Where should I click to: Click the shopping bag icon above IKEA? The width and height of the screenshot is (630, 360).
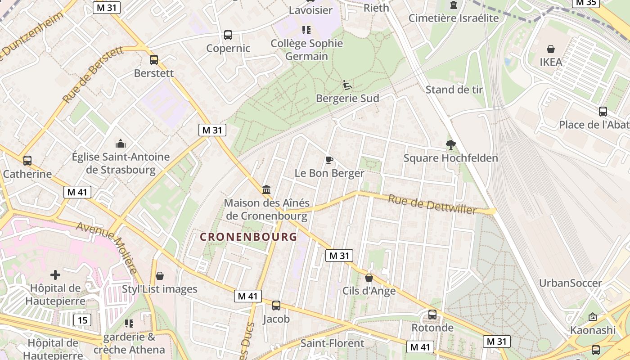coord(550,49)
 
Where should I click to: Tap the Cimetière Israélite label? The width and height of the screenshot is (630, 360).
coord(454,18)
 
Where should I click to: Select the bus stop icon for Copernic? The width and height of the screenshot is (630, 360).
coord(228,35)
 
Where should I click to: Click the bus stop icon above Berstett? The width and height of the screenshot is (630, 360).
coord(154,59)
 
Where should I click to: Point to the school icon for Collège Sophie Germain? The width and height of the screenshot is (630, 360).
coord(306,30)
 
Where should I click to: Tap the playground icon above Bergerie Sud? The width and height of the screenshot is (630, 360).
coord(347,85)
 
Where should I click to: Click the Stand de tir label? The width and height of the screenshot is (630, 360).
coord(454,90)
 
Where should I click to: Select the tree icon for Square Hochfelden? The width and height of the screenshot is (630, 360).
coord(450,145)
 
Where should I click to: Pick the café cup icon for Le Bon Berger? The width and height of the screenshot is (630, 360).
coord(329,160)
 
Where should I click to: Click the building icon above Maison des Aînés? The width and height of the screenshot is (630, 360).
coord(266,189)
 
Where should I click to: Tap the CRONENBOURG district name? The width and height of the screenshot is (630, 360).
coord(248,237)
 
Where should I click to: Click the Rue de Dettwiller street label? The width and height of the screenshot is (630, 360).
coord(432,204)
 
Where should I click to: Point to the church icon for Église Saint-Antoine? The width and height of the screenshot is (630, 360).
coord(121,144)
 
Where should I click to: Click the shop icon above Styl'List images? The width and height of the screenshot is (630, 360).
coord(160,276)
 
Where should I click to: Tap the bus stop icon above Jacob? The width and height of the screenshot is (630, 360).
coord(276,306)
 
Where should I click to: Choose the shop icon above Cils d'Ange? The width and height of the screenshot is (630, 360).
coord(369,278)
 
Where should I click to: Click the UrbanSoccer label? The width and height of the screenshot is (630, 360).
coord(570,283)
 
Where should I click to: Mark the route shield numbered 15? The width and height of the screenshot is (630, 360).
coord(82,320)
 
